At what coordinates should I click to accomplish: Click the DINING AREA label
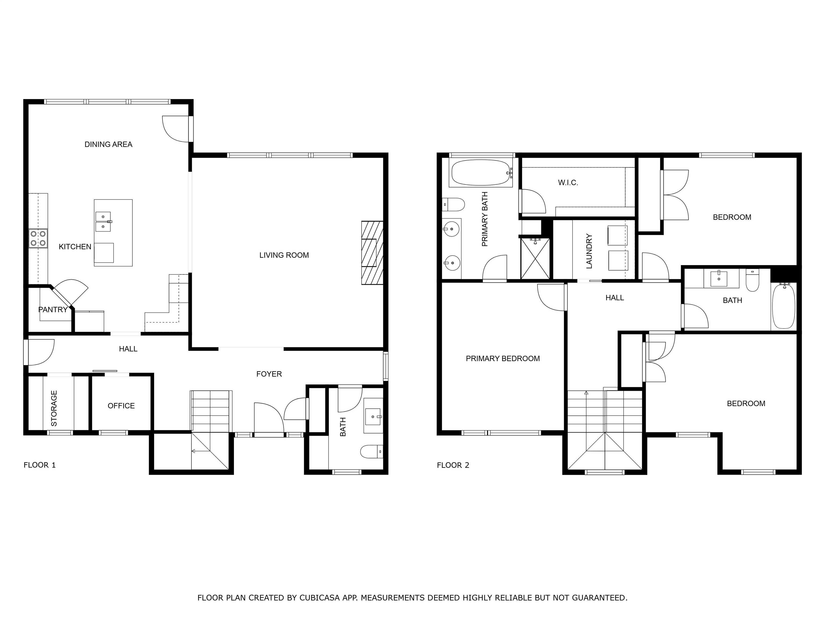pyautogui.click(x=108, y=144)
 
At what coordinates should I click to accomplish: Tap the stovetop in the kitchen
pyautogui.click(x=38, y=238)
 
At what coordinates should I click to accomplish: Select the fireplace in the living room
pyautogui.click(x=372, y=253)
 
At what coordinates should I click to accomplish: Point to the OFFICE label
pyautogui.click(x=121, y=406)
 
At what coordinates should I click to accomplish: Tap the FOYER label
pyautogui.click(x=269, y=374)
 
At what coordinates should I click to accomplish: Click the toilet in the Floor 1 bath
pyautogui.click(x=371, y=451)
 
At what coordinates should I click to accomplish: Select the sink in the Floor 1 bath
pyautogui.click(x=373, y=416)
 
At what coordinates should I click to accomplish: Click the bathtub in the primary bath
pyautogui.click(x=481, y=173)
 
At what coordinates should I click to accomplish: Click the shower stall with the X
pyautogui.click(x=535, y=258)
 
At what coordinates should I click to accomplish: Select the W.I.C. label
pyautogui.click(x=568, y=182)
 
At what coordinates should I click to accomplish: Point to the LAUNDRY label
pyautogui.click(x=589, y=251)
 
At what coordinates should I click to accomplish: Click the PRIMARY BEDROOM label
pyautogui.click(x=503, y=359)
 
